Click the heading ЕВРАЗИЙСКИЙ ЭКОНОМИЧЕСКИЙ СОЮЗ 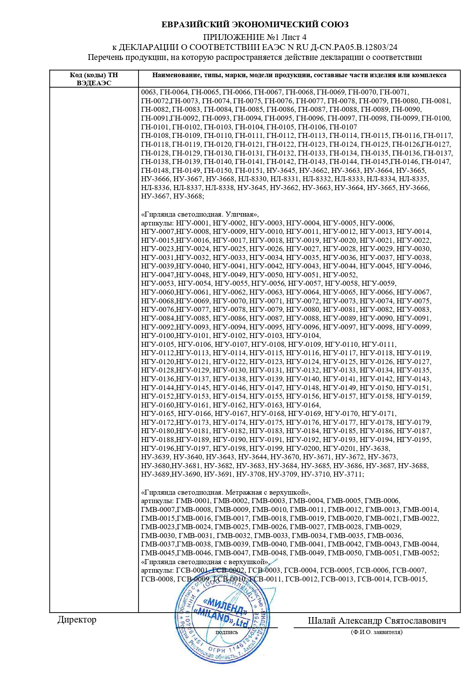[x=255, y=25]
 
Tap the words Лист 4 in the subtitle [x=294, y=38]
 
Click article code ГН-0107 [x=343, y=127]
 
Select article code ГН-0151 [x=249, y=171]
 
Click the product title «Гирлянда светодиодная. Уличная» [x=200, y=214]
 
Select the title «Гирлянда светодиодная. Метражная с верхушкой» [x=226, y=492]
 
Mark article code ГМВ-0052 [x=420, y=553]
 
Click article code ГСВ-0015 [x=410, y=579]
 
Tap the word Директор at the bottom [x=77, y=619]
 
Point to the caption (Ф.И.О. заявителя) [x=377, y=632]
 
